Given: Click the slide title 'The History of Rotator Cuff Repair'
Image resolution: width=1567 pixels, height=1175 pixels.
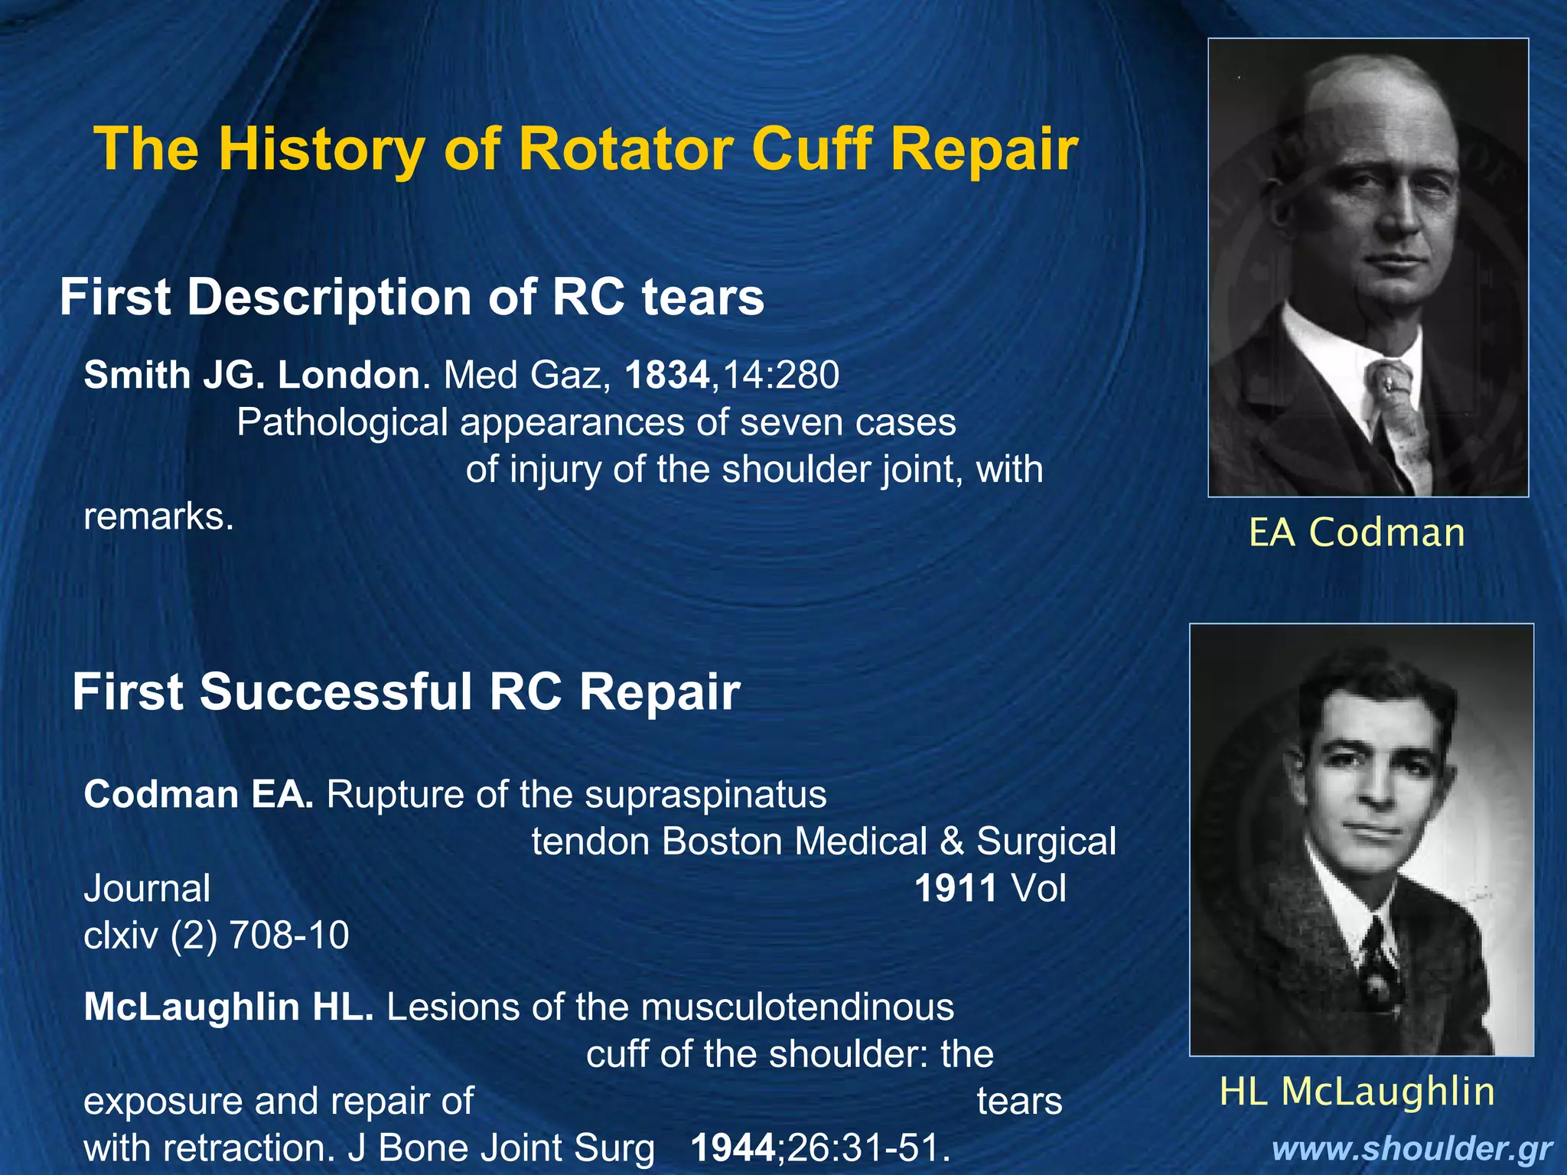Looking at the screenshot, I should (x=586, y=148).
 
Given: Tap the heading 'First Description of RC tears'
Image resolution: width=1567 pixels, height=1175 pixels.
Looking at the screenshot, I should (x=412, y=297).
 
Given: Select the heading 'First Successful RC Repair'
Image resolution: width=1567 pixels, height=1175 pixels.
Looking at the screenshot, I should (x=406, y=692).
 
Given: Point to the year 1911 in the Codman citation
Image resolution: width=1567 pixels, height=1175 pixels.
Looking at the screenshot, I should (x=956, y=888).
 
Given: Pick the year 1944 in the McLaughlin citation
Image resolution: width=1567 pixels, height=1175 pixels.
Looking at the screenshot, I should (x=733, y=1147).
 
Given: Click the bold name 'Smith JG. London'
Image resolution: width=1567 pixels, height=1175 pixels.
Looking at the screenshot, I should (x=252, y=375).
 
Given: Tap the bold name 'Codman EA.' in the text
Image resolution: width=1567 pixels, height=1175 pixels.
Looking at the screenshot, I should (x=198, y=794).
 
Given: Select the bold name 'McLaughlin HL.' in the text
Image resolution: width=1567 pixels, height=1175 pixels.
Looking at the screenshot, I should (x=229, y=1007).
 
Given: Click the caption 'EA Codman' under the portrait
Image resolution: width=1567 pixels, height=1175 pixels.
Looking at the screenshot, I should (x=1357, y=532).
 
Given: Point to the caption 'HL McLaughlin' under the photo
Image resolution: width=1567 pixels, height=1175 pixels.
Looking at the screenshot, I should (x=1357, y=1091).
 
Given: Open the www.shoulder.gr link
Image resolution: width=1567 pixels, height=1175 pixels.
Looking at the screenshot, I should (x=1412, y=1149).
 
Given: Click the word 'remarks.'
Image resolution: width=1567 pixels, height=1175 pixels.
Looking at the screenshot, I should (x=158, y=517).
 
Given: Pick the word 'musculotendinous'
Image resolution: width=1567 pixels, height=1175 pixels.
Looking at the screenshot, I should (x=797, y=1007).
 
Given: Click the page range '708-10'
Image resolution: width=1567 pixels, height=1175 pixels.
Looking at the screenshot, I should (x=289, y=935).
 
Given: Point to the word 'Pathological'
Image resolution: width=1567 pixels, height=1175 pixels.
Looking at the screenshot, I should (x=342, y=422).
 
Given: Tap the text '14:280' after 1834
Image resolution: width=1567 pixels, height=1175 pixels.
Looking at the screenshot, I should (x=780, y=375).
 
